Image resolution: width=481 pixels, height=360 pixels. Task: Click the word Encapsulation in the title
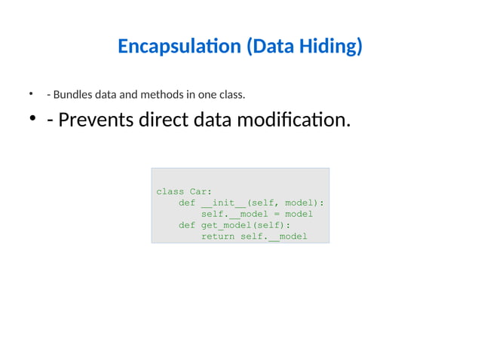tap(179, 47)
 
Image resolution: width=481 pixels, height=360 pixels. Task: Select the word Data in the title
tap(271, 47)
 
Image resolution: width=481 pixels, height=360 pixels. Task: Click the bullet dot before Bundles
tap(32, 94)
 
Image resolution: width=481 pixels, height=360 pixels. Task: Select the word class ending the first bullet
tap(231, 95)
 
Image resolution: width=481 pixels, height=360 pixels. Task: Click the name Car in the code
tap(201, 191)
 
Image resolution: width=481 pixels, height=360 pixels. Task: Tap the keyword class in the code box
tap(170, 191)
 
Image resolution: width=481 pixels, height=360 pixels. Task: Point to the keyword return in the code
tap(218, 236)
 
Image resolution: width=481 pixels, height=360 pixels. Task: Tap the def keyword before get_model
tap(187, 225)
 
